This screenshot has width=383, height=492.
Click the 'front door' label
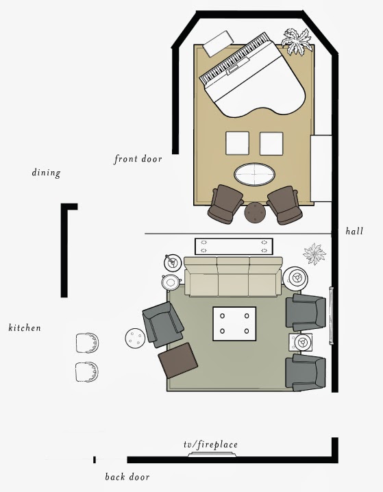(138, 160)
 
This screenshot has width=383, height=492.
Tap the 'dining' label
(46, 173)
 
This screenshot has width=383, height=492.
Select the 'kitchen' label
(25, 328)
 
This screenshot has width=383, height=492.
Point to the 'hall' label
(354, 232)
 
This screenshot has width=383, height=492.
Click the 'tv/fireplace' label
(210, 445)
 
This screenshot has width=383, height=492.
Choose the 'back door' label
(127, 477)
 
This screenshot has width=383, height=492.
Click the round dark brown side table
(255, 212)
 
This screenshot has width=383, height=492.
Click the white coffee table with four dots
(234, 324)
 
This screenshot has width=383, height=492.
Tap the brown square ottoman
(179, 361)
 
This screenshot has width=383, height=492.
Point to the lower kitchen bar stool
(87, 371)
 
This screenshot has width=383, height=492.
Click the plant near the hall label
(314, 254)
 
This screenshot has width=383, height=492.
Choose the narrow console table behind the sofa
(234, 244)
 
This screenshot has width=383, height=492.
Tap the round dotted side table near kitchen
(134, 337)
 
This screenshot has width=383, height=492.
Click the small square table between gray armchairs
(301, 342)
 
